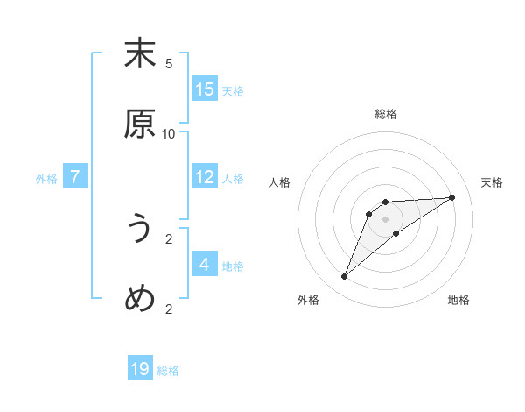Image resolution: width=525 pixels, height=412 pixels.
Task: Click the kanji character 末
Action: tap(140, 53)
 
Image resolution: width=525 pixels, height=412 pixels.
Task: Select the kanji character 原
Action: tap(140, 124)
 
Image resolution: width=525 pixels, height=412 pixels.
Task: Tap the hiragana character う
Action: tap(140, 229)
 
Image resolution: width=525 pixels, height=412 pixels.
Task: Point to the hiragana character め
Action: tap(140, 299)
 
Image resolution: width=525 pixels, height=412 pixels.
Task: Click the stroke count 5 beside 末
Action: tap(169, 63)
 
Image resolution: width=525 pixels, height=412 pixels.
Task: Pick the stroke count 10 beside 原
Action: tap(169, 133)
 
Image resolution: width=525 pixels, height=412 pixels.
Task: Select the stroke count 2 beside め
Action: tap(169, 309)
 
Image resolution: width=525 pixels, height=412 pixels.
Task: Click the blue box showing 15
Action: tap(205, 89)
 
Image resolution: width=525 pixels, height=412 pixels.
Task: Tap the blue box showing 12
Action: tap(205, 177)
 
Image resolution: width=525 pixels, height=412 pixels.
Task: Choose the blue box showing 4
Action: tap(205, 264)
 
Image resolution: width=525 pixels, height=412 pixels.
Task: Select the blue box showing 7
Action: tap(75, 177)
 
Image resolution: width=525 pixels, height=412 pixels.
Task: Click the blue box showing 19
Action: tap(140, 369)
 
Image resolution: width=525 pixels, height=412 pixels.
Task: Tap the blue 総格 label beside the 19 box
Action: tap(168, 371)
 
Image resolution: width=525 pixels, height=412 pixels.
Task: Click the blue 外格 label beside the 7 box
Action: tap(46, 179)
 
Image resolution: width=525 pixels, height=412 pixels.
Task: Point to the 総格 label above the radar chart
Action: tap(386, 114)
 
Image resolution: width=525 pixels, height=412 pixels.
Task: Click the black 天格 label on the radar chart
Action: tap(492, 182)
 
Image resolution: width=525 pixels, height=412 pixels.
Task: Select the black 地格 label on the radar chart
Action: tap(458, 300)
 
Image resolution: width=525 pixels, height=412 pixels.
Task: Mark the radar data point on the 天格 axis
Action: tap(452, 197)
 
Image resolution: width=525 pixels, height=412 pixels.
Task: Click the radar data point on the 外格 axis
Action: tap(345, 277)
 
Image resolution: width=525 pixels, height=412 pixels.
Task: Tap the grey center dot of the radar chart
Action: tap(386, 219)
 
